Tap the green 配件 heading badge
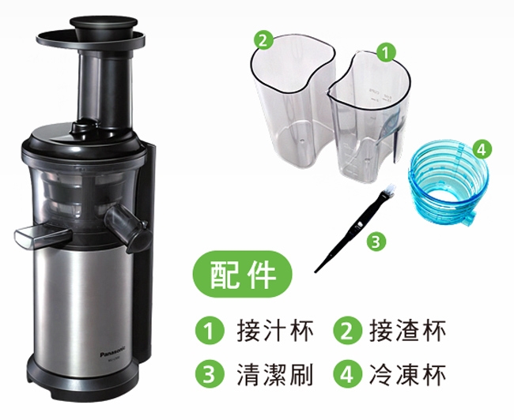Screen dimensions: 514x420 click(x=242, y=274)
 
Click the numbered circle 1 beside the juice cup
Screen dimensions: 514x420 click(x=386, y=52)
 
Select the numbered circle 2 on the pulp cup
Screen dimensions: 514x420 click(x=263, y=40)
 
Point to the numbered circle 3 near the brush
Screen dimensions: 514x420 click(x=376, y=242)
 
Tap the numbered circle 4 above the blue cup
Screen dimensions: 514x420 click(x=482, y=149)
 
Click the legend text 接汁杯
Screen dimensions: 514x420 click(x=275, y=332)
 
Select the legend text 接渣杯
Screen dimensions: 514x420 click(x=407, y=332)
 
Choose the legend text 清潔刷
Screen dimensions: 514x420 click(x=275, y=374)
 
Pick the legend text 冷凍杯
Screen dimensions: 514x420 click(x=407, y=374)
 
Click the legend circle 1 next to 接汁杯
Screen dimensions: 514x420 click(x=210, y=331)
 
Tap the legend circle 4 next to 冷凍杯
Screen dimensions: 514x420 click(x=347, y=374)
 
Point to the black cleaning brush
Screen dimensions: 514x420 click(x=355, y=228)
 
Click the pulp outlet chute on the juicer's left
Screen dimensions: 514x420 click(x=43, y=236)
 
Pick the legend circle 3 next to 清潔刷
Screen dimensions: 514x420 click(x=210, y=374)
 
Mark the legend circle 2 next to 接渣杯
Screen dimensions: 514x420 click(x=347, y=331)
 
